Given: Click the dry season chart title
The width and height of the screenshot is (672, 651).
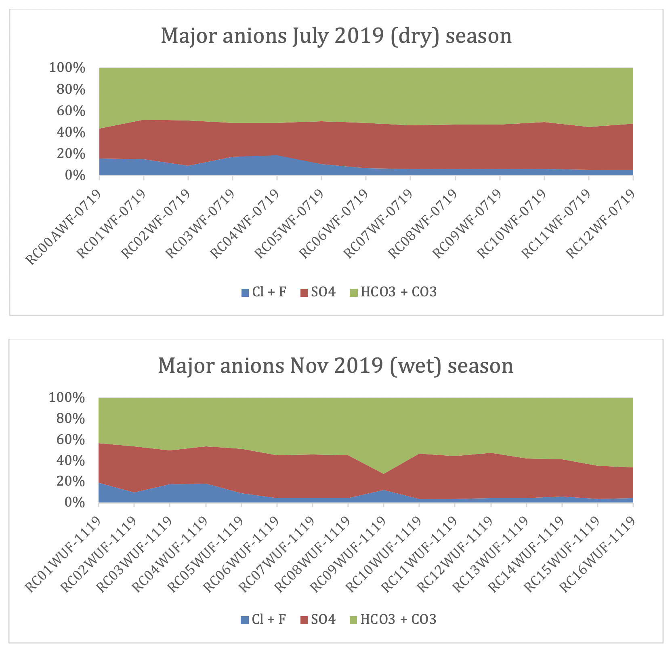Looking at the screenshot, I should (336, 36).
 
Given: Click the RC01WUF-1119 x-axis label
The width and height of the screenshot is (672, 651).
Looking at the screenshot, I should (63, 554).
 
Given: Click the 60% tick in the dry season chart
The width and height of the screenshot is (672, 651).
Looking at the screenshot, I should (67, 111).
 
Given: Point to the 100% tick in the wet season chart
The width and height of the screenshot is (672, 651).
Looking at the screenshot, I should (67, 397).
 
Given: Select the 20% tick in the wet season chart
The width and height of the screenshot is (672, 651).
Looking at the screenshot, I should (67, 482).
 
